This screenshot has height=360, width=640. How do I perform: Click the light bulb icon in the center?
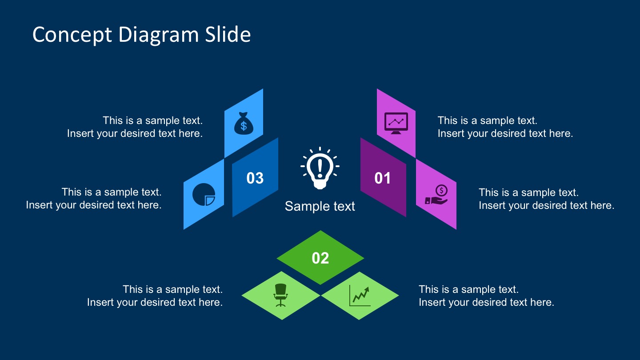tap(320, 169)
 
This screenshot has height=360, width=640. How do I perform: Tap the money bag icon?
tap(244, 123)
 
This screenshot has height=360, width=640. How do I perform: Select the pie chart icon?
tap(204, 194)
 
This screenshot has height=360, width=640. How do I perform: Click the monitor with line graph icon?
tap(396, 123)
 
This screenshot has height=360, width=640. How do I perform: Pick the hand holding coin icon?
tap(436, 195)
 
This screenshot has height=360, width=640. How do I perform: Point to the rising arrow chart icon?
tap(360, 296)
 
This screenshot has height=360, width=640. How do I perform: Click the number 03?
tap(255, 178)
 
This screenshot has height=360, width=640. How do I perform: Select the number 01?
tap(383, 178)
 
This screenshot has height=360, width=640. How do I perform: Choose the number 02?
tap(320, 258)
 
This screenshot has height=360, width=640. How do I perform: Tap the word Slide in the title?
tap(227, 35)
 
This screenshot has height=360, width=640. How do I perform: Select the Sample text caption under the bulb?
tap(320, 206)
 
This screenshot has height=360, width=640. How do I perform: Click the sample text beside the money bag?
tap(135, 127)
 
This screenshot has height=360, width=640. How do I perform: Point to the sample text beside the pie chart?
tap(94, 198)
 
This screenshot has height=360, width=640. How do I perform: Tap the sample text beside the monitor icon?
tap(505, 127)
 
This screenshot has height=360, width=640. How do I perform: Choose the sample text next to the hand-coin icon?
tap(546, 199)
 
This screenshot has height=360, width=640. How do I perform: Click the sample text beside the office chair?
tap(155, 296)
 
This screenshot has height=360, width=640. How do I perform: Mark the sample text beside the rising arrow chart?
tap(486, 296)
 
